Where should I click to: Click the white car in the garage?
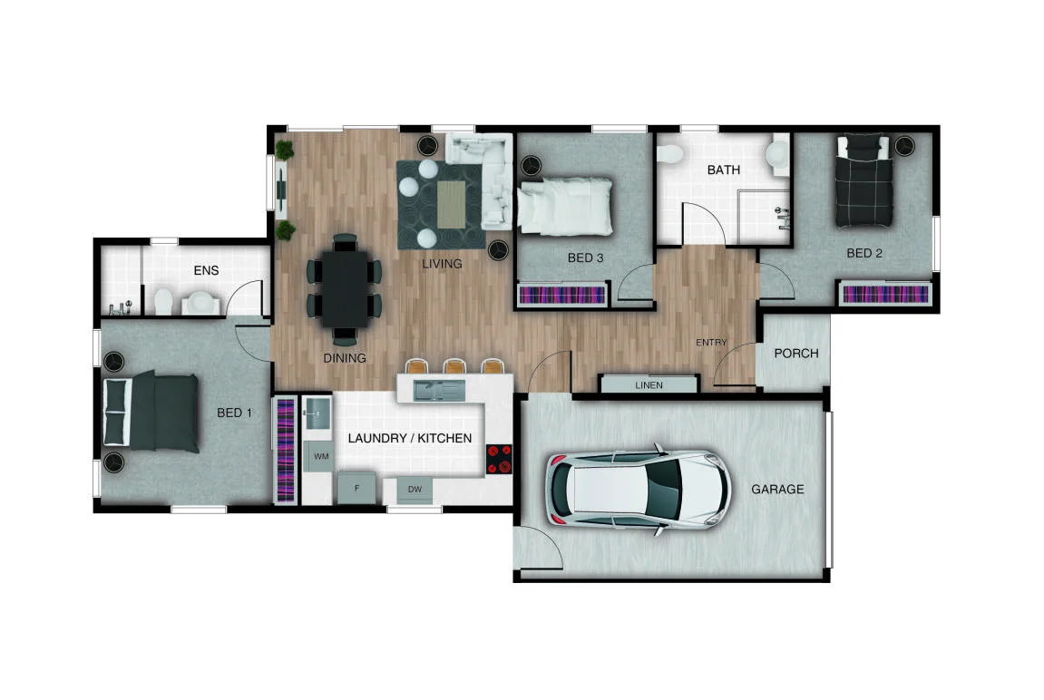pos(639,490)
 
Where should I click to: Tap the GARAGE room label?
pos(777,490)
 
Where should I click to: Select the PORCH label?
pos(795,354)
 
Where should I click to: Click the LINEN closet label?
pos(649,385)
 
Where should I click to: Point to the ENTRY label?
pos(711,342)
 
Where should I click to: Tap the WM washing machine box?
pos(321,456)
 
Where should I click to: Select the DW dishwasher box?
pos(415,490)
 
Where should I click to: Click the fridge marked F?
pos(356,489)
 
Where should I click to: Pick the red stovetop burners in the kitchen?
pos(498,459)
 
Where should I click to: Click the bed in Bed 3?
pos(564,206)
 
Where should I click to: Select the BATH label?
pos(723,170)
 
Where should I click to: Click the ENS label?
pos(207,270)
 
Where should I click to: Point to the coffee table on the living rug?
pos(452,204)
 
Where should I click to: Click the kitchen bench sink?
pos(440,391)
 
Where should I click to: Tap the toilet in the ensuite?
pos(161,300)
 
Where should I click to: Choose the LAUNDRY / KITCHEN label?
pos(410,438)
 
